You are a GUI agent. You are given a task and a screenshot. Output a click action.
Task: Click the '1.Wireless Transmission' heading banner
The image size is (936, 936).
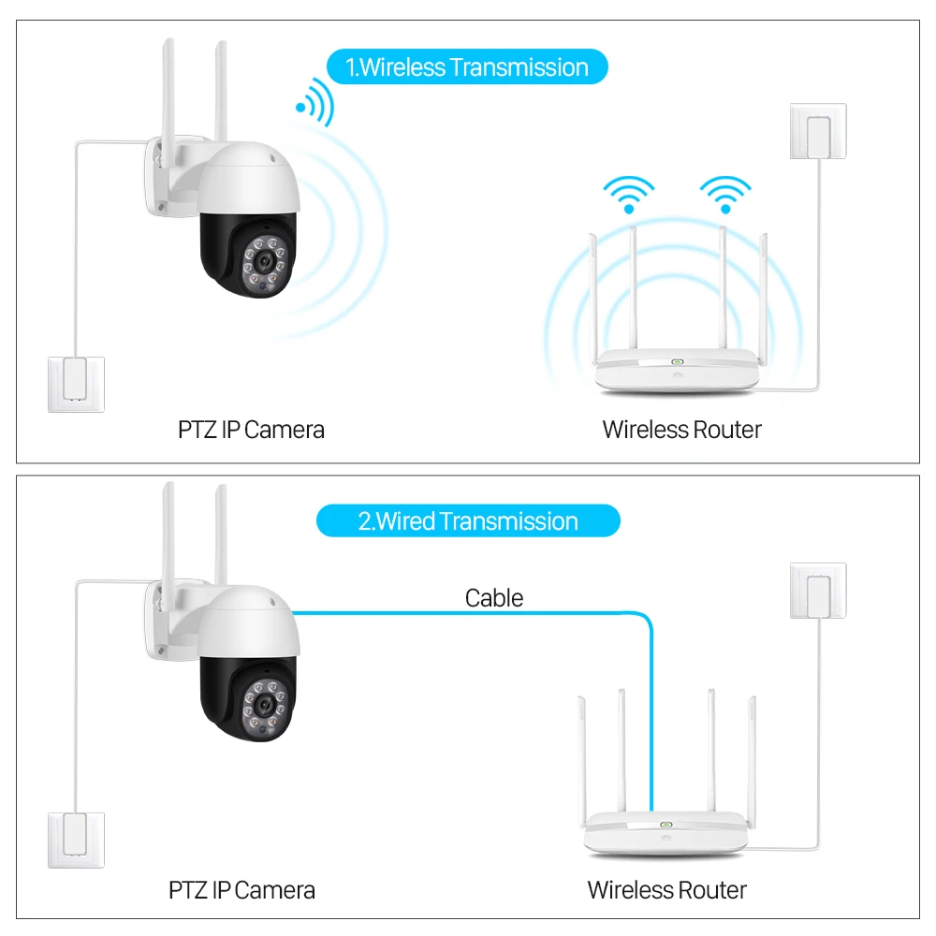pyautogui.click(x=467, y=67)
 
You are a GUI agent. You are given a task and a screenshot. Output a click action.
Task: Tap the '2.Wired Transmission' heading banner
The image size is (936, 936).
pyautogui.click(x=468, y=521)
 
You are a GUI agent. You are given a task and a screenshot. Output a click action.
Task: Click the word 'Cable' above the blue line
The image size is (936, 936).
pyautogui.click(x=494, y=598)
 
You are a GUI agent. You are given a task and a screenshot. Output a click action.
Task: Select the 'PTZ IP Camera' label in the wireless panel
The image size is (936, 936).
pyautogui.click(x=251, y=430)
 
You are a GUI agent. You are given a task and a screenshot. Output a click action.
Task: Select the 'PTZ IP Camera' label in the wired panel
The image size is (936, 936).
pyautogui.click(x=241, y=889)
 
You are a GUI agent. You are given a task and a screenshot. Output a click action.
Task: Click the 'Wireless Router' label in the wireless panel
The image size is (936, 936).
pyautogui.click(x=681, y=430)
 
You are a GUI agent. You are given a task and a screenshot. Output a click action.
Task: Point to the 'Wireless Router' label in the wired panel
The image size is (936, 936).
pyautogui.click(x=666, y=889)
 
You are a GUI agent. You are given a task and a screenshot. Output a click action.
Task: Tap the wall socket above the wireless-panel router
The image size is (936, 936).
pyautogui.click(x=818, y=131)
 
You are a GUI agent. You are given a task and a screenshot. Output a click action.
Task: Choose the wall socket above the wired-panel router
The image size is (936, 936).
pyautogui.click(x=818, y=591)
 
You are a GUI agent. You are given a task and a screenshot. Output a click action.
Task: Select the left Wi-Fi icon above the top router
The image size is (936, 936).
pyautogui.click(x=629, y=195)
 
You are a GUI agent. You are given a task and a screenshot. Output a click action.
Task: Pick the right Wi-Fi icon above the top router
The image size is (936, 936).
pyautogui.click(x=724, y=195)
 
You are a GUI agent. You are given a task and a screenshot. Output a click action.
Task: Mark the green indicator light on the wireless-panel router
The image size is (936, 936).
pyautogui.click(x=676, y=361)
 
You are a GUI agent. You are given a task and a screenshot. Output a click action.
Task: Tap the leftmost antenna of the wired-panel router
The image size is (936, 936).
pyautogui.click(x=581, y=758)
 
